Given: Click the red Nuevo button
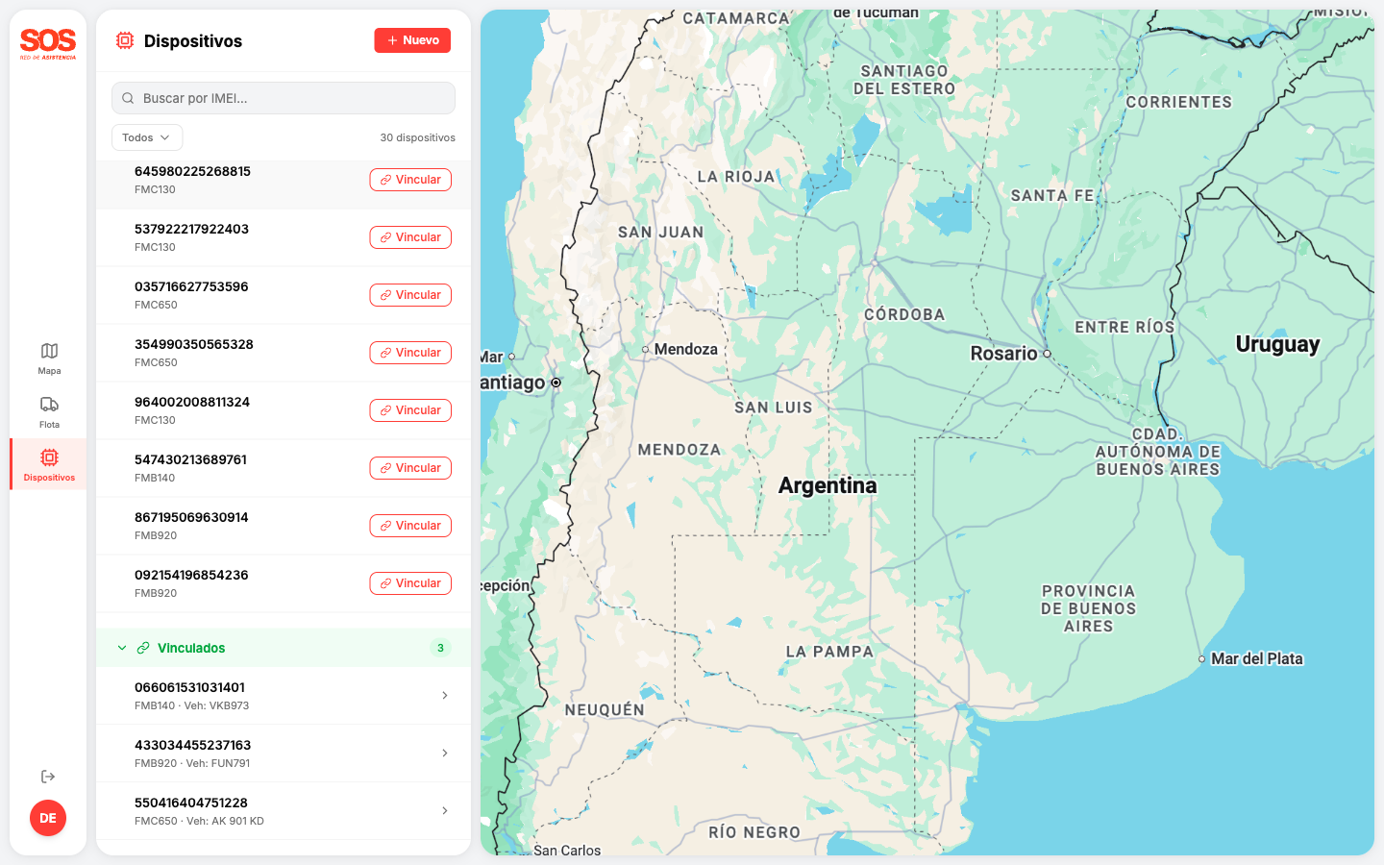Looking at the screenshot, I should [412, 40].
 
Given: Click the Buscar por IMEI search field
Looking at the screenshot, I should [284, 98].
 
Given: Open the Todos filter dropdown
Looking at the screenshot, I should [147, 137].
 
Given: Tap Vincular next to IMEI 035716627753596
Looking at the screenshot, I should [410, 295].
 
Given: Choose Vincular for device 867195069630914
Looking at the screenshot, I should [410, 526].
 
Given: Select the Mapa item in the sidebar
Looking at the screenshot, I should [49, 358].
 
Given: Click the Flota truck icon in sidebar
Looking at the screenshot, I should [49, 405].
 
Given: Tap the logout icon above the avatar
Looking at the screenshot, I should [48, 777].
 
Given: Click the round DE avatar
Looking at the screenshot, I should [48, 818].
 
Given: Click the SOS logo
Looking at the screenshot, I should [48, 42].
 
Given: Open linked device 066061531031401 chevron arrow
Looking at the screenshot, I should [444, 695].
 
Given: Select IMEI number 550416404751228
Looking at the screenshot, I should [191, 803].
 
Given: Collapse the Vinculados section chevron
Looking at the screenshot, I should [122, 648].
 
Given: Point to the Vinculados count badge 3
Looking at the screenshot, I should [440, 648].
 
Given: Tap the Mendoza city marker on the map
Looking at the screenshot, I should [646, 350].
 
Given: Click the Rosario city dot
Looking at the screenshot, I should [1047, 354].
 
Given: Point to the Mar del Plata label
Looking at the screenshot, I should [1256, 658].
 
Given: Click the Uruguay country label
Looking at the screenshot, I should [1277, 344].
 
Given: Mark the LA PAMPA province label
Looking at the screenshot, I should [829, 652].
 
